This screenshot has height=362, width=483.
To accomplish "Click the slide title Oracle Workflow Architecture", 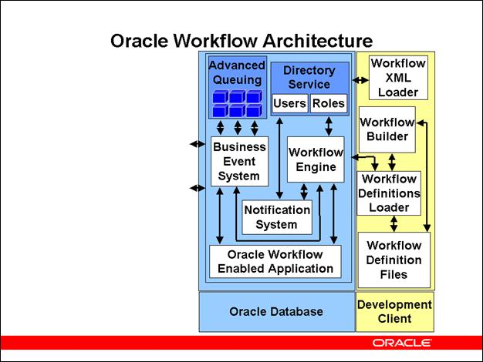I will (x=241, y=40).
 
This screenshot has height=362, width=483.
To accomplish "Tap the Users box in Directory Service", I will (x=289, y=103).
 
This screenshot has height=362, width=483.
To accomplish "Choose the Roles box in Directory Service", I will (x=328, y=103).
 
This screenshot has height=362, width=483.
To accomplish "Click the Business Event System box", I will (x=239, y=161).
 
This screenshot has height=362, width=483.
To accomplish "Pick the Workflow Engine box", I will (x=316, y=159).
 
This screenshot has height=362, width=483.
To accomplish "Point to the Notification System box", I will (x=276, y=217).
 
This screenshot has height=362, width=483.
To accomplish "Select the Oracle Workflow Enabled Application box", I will (x=275, y=262).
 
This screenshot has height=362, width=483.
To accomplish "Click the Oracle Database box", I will (x=275, y=311).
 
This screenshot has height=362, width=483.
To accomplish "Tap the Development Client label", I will (x=394, y=311).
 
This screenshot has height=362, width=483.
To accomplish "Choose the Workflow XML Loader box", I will (x=397, y=77).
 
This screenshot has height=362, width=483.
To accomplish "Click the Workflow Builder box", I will (x=387, y=129).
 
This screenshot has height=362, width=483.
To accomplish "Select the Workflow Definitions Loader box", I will (x=389, y=193).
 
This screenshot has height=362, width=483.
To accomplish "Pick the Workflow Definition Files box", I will (x=393, y=260).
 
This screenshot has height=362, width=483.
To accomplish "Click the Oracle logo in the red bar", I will (x=401, y=342).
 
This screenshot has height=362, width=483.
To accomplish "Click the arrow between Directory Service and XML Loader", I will (x=360, y=80).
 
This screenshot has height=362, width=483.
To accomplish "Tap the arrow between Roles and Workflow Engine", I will (x=329, y=126).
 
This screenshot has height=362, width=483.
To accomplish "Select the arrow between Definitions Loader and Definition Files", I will (x=394, y=223).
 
